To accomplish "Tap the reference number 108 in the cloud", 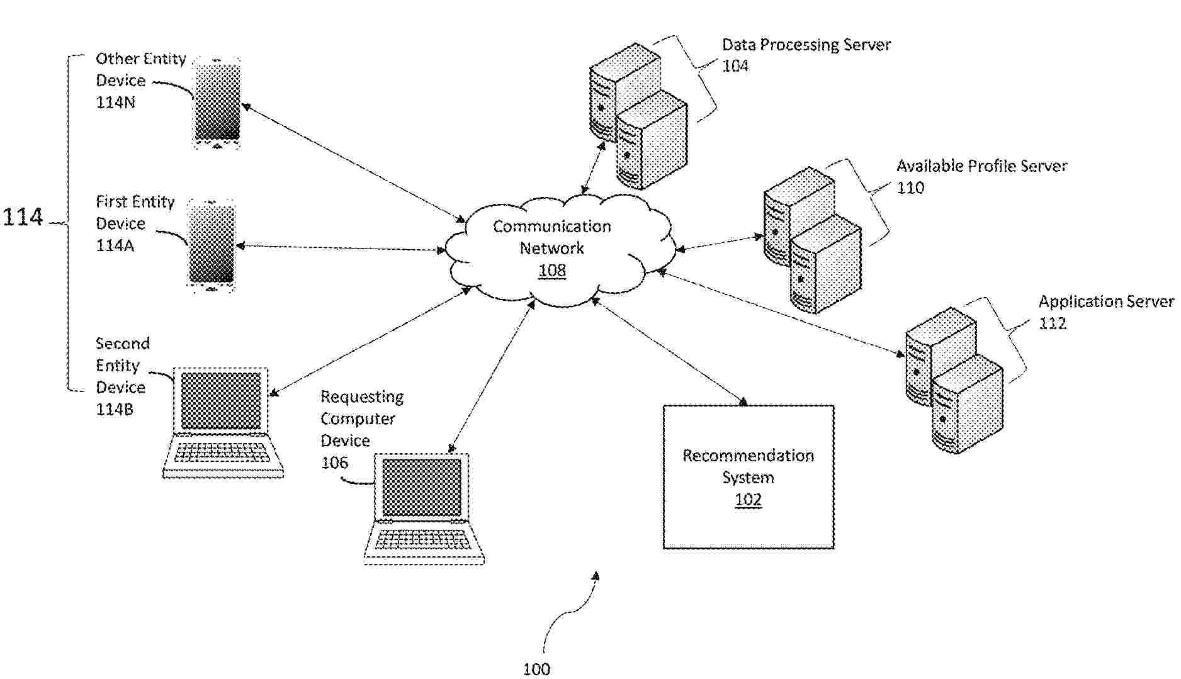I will (x=552, y=271).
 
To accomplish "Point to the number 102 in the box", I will (x=749, y=500).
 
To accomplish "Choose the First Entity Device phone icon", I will (x=212, y=245).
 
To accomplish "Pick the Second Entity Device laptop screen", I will (x=221, y=401).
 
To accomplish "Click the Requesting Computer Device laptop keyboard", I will (x=423, y=539).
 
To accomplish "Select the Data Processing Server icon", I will (x=637, y=116).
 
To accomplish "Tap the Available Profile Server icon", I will (x=812, y=239).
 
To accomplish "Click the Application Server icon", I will (x=954, y=381).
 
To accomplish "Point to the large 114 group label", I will (x=23, y=217).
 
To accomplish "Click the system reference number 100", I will (x=536, y=669).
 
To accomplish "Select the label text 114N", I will (x=115, y=102).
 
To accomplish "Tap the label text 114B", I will (x=115, y=409).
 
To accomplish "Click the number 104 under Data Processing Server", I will (x=735, y=66).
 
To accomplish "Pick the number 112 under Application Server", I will (x=1053, y=323).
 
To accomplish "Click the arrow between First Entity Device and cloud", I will (x=340, y=248).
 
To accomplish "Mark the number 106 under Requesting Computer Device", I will (x=334, y=463).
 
